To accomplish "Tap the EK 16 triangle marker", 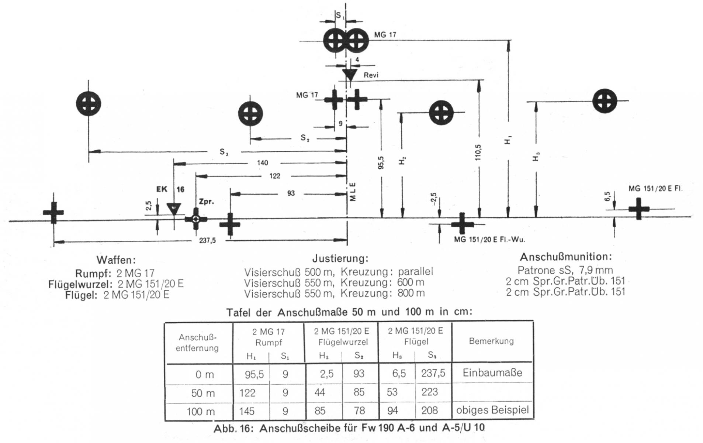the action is click(x=173, y=209).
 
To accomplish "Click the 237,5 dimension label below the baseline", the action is click(x=207, y=241).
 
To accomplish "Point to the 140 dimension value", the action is click(x=262, y=163).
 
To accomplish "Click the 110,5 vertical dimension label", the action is click(x=479, y=152).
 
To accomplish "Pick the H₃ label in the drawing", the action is click(x=536, y=157).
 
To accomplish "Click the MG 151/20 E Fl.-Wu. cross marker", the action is click(x=462, y=224).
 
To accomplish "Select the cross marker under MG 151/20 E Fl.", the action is click(x=639, y=209).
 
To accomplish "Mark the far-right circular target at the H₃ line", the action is click(x=605, y=101).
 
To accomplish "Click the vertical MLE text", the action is click(x=353, y=192).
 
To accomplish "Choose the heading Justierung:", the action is click(x=340, y=258).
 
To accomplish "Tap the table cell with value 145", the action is click(x=247, y=411).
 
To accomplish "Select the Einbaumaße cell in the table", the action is click(x=492, y=372).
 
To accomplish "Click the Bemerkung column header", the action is click(x=491, y=341).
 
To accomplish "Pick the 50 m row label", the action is click(x=203, y=393).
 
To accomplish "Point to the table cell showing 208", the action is click(x=430, y=411).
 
